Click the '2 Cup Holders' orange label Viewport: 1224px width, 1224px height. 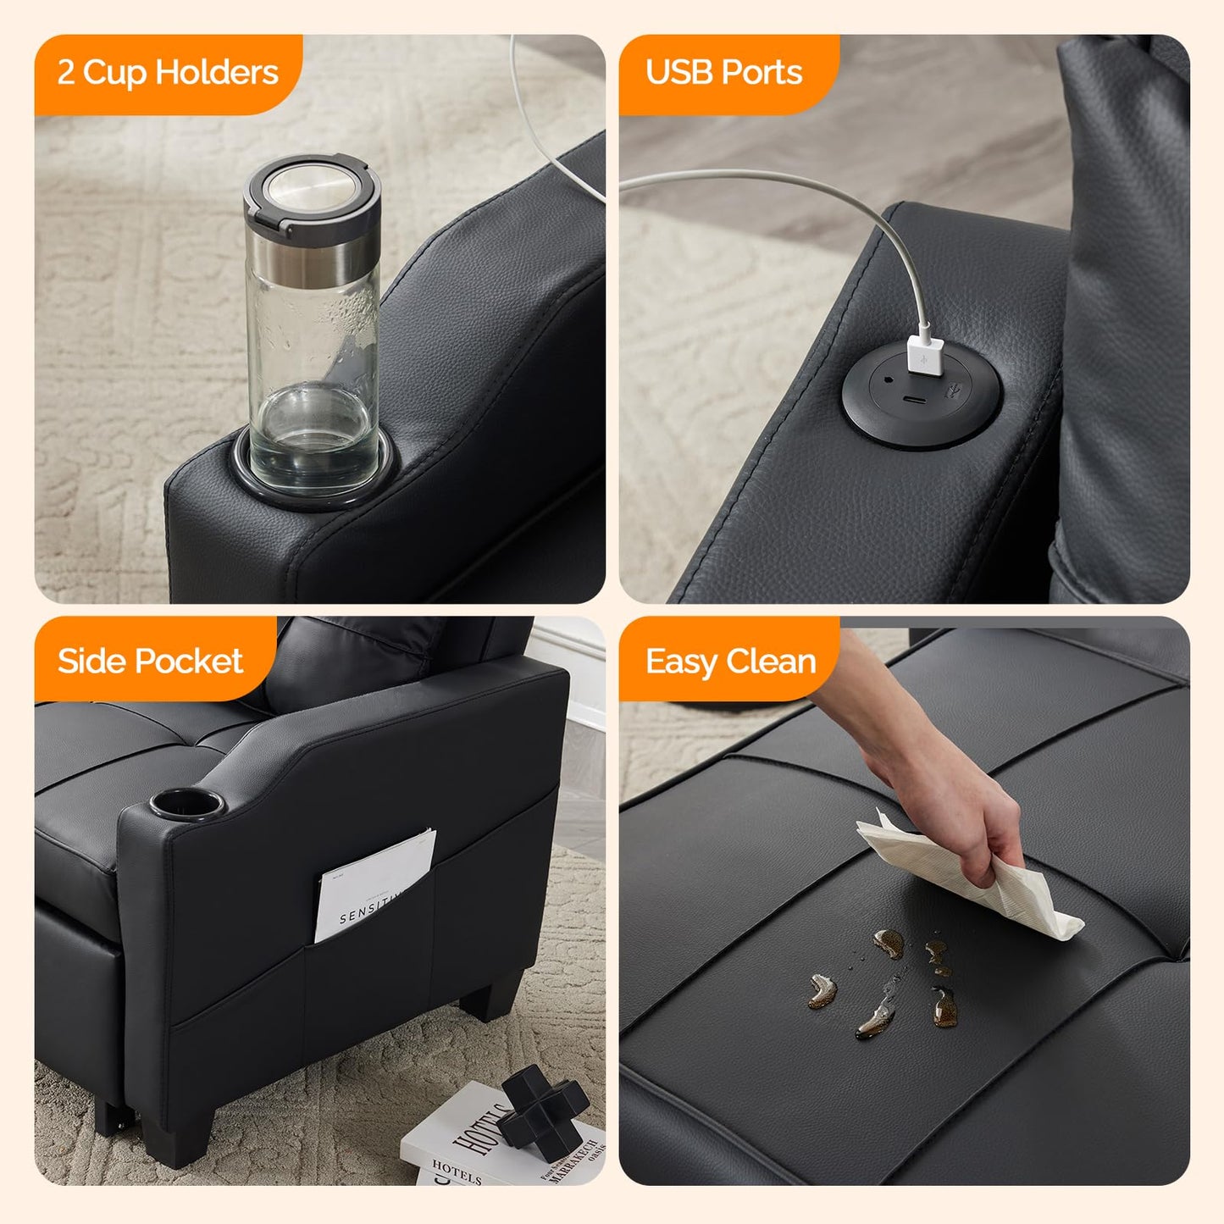(x=168, y=74)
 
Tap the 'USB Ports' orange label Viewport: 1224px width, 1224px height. (x=724, y=74)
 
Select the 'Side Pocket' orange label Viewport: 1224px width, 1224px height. (x=151, y=662)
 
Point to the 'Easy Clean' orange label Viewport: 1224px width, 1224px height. (x=730, y=662)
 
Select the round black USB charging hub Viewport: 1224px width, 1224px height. (x=922, y=394)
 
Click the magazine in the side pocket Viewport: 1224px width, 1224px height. (x=373, y=885)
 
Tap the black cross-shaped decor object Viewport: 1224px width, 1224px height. (x=542, y=1110)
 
